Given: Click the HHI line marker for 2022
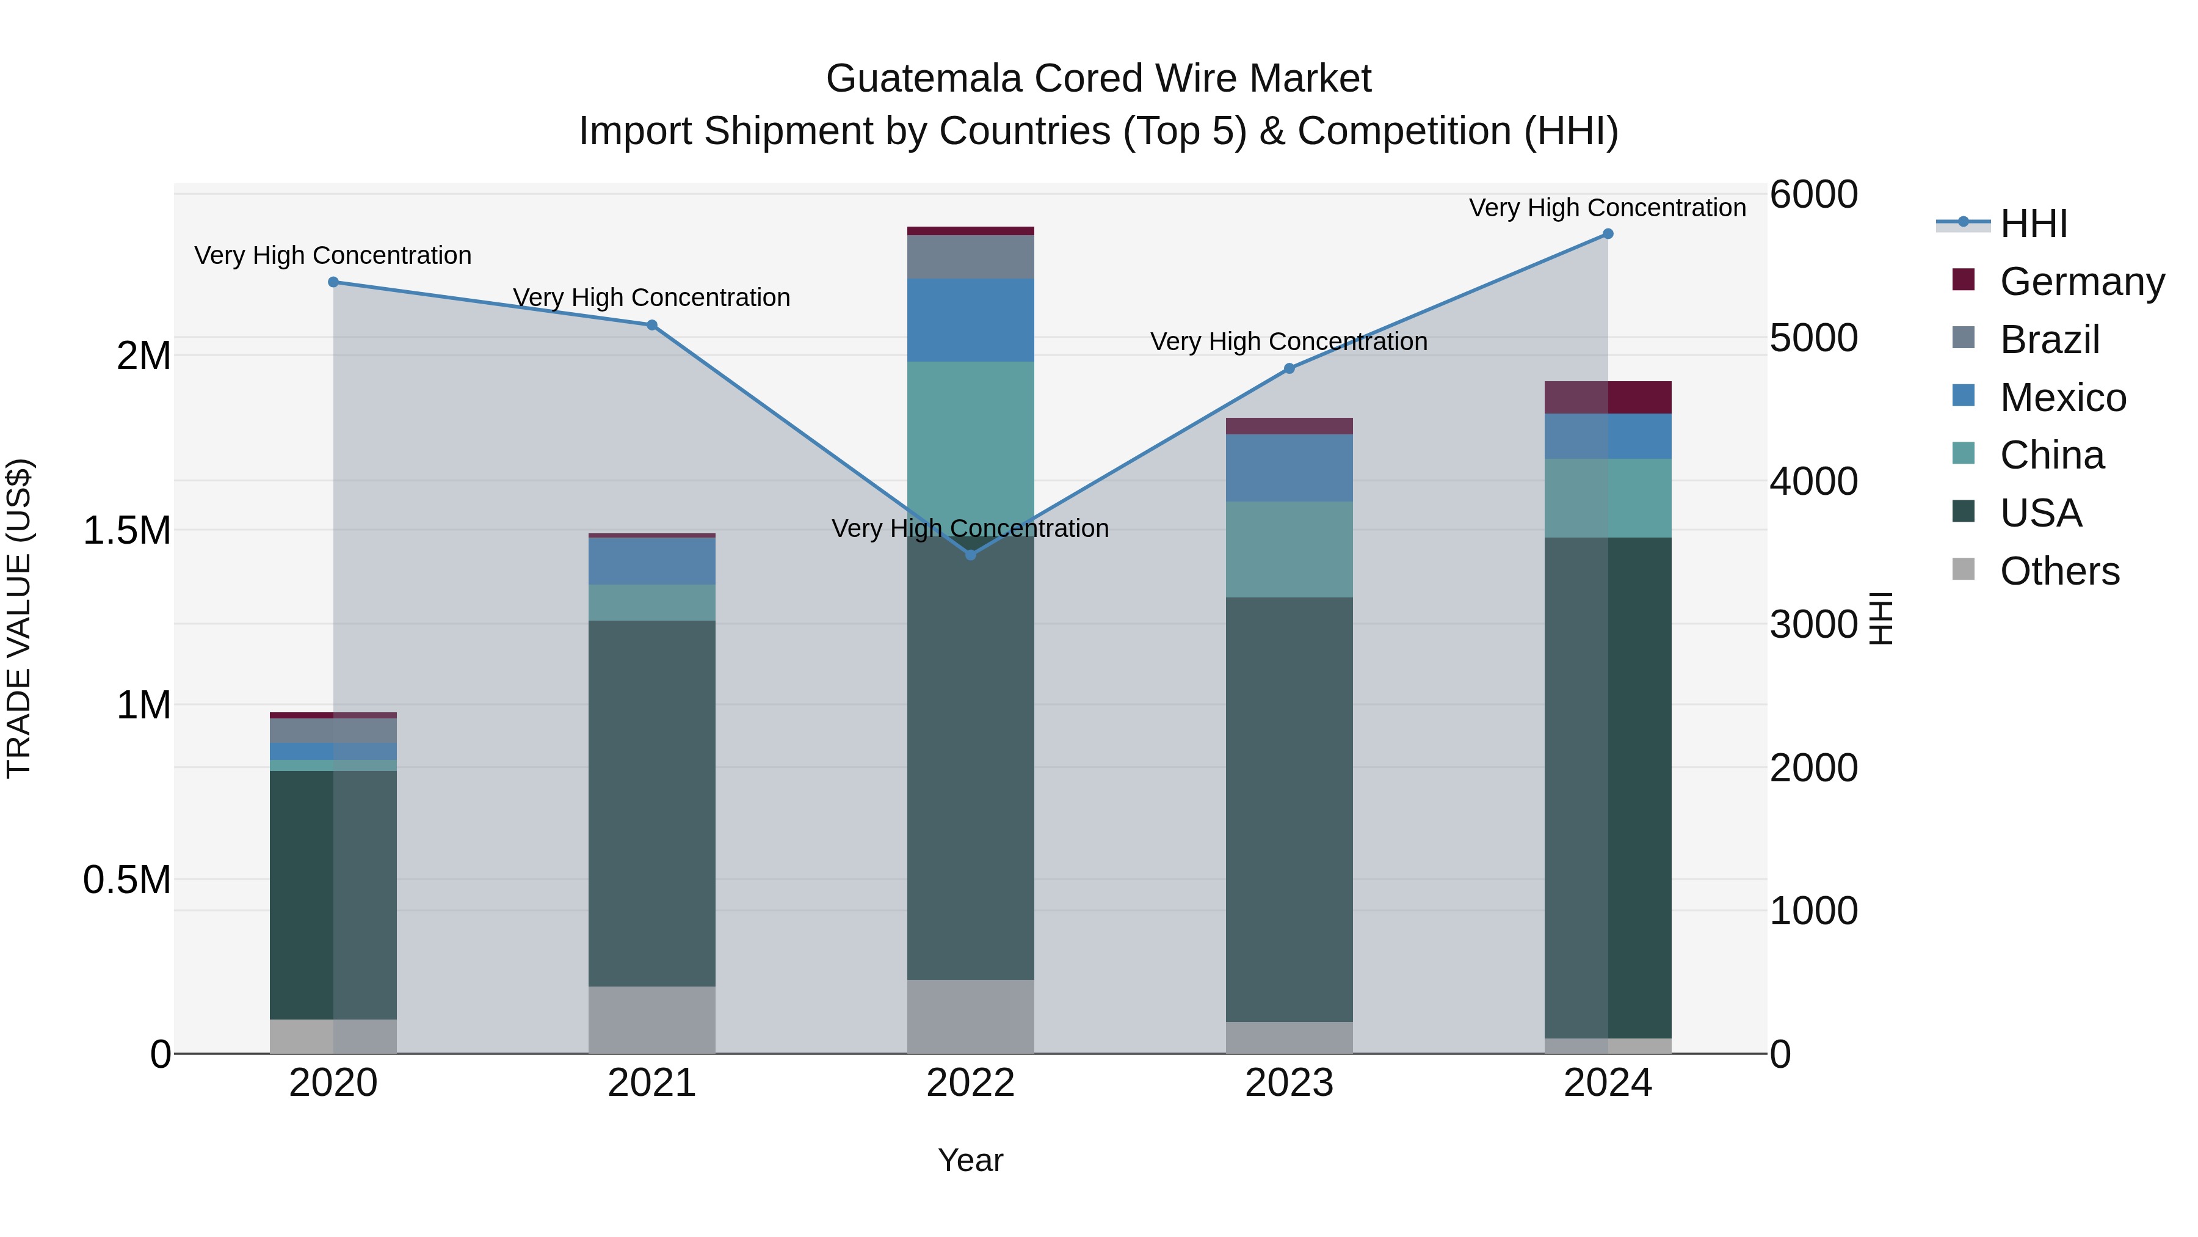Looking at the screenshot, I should coord(970,555).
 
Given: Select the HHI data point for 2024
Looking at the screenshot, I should coord(1608,234).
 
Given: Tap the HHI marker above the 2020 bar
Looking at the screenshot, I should coord(333,282).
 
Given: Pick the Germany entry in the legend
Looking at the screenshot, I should coord(2081,281).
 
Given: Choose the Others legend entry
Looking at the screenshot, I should coord(2059,571).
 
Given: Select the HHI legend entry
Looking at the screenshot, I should coord(2033,224).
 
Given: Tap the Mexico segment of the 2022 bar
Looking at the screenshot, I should coord(970,320).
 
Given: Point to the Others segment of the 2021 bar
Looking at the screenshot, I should coord(652,1020).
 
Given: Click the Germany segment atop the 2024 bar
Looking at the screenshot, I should coord(1608,397).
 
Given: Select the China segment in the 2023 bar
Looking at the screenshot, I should coord(1289,549).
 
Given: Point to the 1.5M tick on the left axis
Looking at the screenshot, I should coord(126,530).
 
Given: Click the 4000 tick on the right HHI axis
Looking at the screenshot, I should coord(1812,481).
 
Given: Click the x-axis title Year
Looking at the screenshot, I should coord(970,1160).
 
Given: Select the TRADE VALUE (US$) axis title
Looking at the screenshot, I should coord(19,618).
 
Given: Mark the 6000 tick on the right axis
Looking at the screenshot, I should coord(1812,195).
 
